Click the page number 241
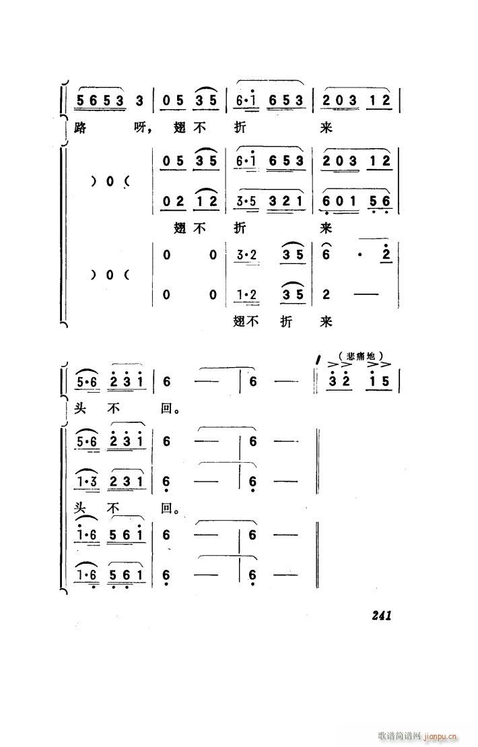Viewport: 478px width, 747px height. point(380,614)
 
